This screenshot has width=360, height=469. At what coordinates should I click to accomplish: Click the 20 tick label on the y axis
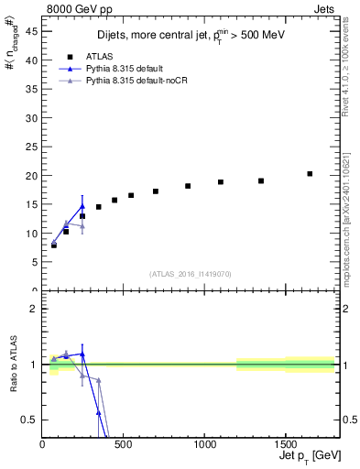(33, 175)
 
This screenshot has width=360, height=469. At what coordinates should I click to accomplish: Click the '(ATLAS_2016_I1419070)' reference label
(189, 273)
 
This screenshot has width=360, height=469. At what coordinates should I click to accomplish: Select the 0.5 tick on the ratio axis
(31, 420)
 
